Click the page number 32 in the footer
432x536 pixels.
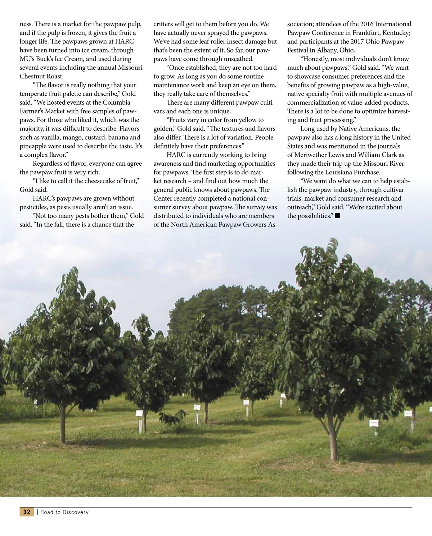tap(27, 512)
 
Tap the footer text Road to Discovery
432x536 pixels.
tap(64, 512)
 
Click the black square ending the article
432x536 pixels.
tap(337, 216)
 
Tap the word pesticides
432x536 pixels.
tap(33, 207)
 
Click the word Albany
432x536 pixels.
tap(327, 50)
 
